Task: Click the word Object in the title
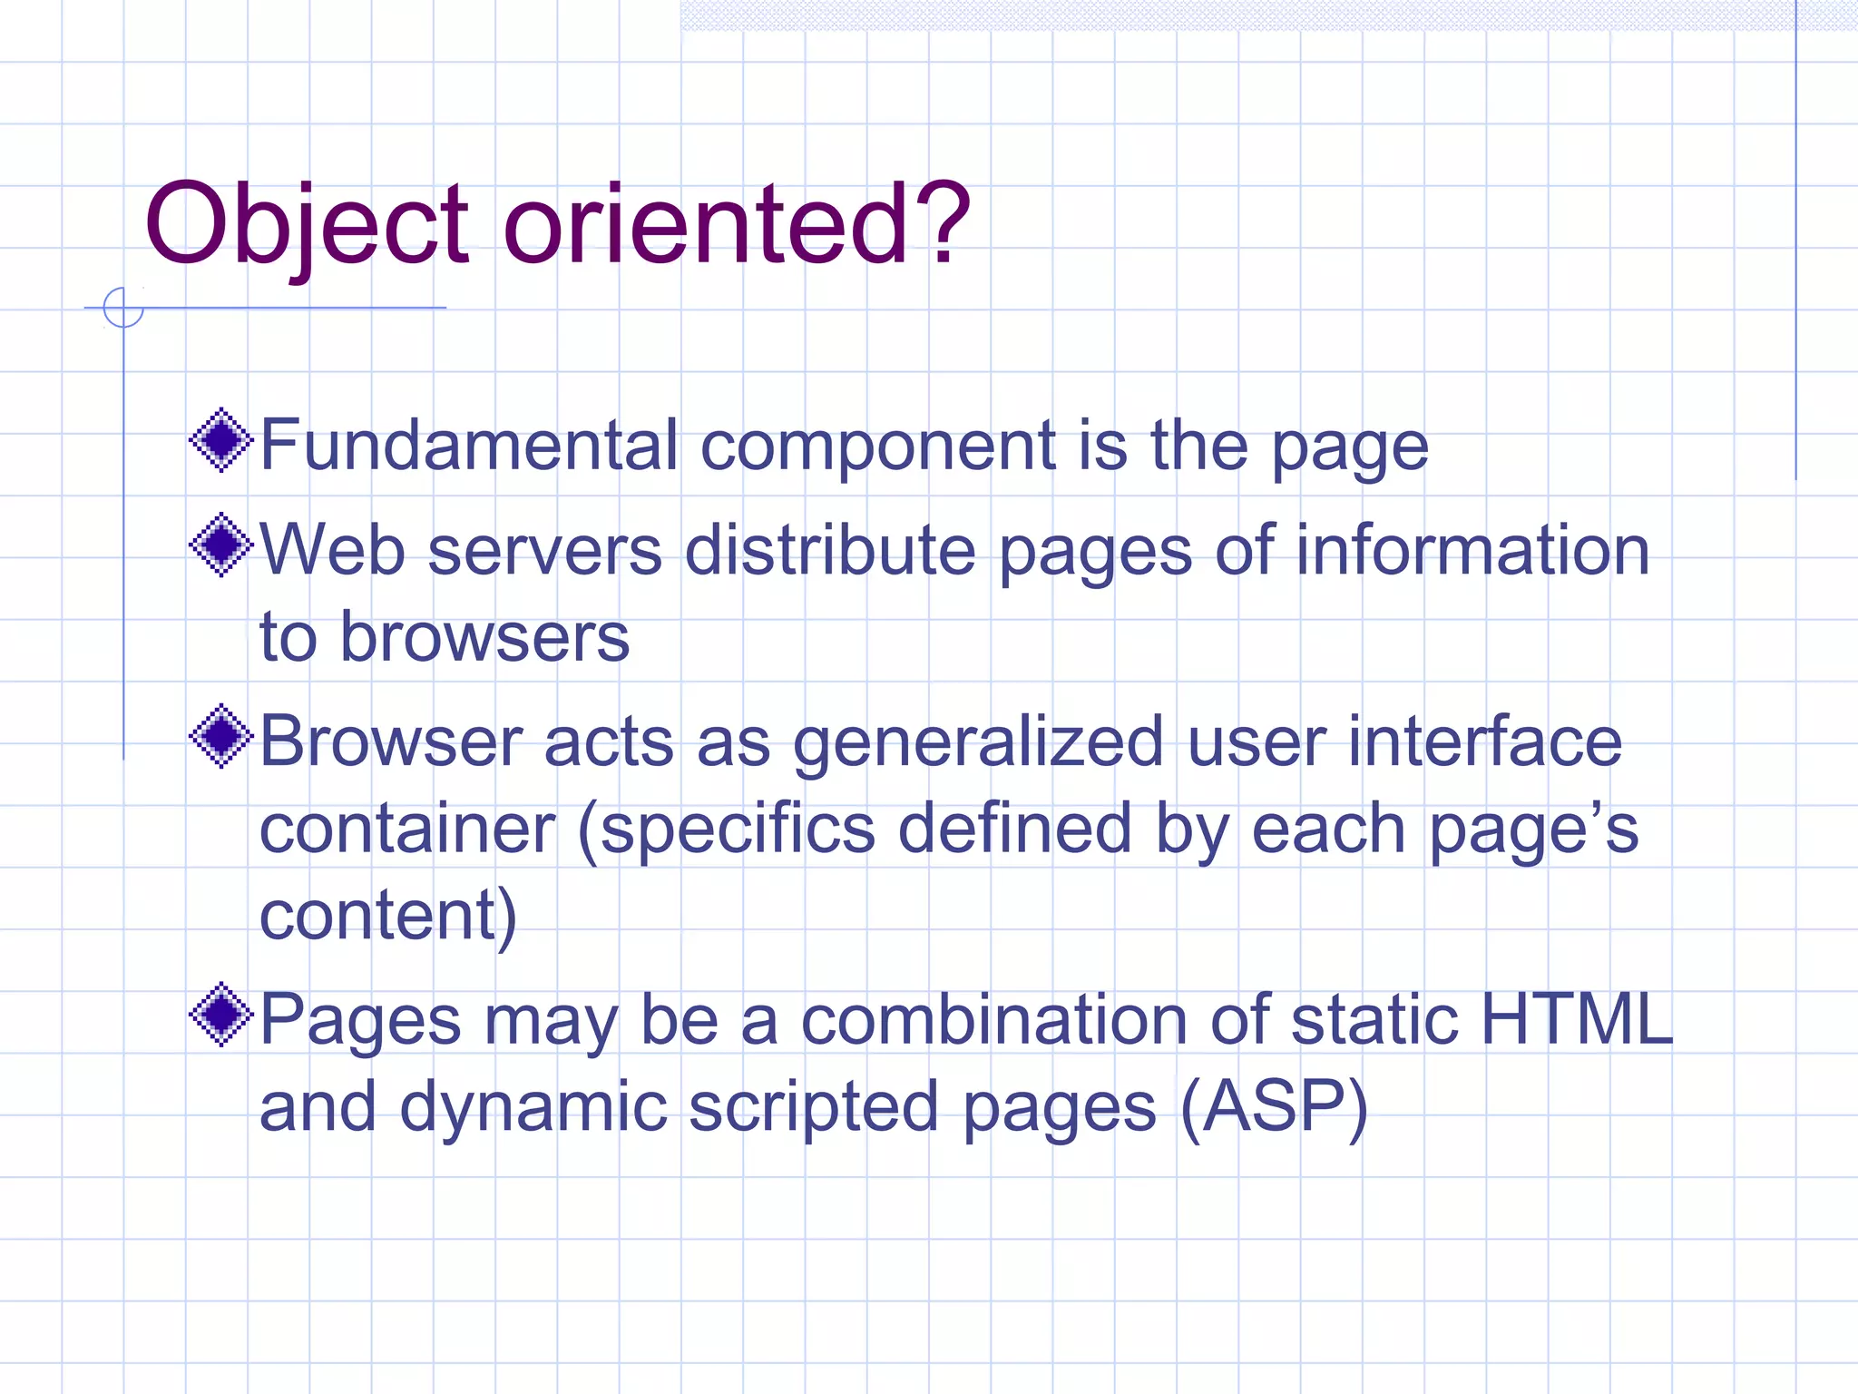tap(307, 224)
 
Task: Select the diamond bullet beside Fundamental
tap(220, 442)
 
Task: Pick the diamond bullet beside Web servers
tap(220, 545)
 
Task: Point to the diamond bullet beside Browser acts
tap(220, 737)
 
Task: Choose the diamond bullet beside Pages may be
tap(220, 1015)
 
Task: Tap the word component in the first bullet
tap(878, 447)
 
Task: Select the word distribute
tap(830, 550)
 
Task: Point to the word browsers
tap(484, 637)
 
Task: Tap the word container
tap(407, 829)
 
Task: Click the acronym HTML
tap(1577, 1019)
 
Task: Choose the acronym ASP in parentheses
tap(1274, 1106)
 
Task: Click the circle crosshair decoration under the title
tap(123, 308)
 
